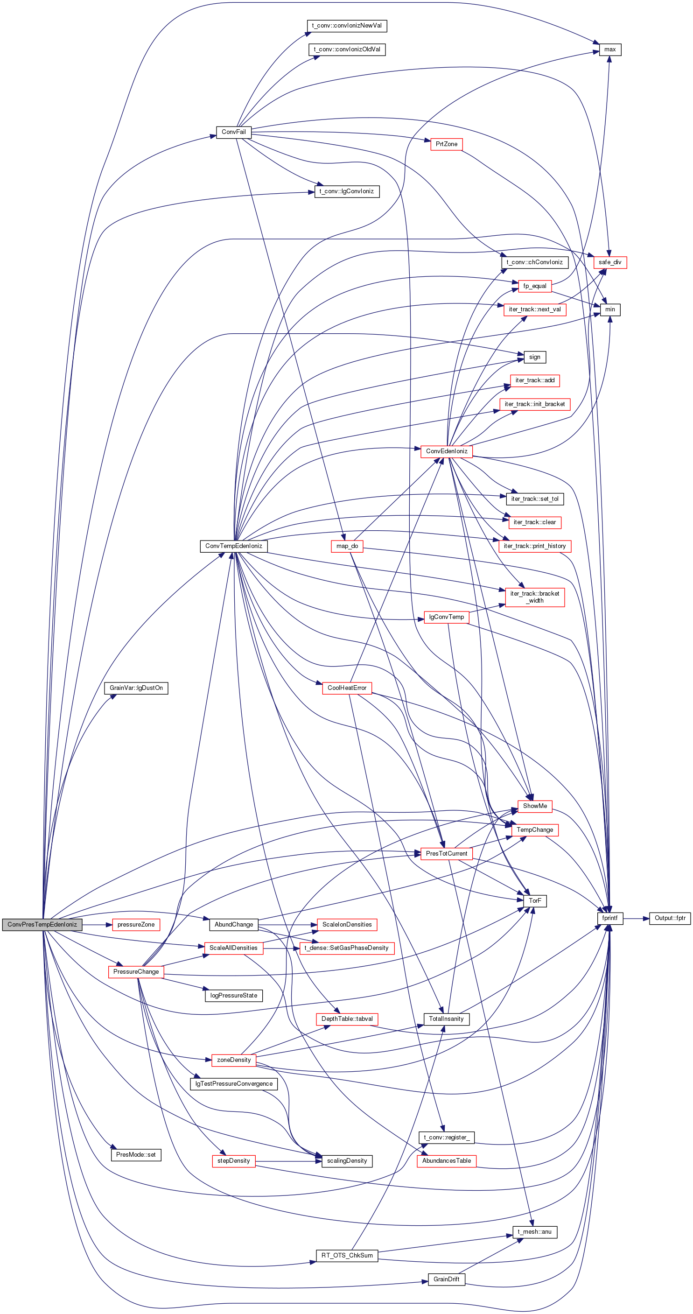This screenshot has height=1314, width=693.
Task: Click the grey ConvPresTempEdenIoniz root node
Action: (42, 924)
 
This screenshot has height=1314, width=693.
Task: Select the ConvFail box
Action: (233, 132)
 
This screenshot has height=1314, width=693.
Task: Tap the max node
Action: (610, 49)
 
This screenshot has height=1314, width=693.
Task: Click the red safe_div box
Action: (610, 262)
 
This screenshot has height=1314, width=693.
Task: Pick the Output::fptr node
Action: (670, 918)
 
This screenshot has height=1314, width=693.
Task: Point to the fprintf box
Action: (610, 918)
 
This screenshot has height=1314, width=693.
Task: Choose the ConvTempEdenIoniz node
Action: (233, 546)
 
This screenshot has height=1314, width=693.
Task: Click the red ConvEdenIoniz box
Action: (447, 451)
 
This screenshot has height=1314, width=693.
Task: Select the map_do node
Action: (347, 546)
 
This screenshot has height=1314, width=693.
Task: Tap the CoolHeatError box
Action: (347, 688)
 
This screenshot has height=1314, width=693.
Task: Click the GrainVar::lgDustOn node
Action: (136, 688)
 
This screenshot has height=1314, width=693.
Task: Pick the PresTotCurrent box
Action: (447, 853)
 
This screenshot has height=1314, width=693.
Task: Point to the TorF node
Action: (535, 901)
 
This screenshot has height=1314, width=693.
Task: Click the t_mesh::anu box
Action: (535, 1232)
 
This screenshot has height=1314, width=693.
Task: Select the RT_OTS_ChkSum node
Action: (347, 1255)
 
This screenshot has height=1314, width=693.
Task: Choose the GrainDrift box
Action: (447, 1279)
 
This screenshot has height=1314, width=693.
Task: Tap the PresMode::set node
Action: (136, 1155)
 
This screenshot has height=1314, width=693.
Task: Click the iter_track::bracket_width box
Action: (535, 597)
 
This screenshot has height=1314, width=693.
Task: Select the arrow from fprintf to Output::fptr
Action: (636, 918)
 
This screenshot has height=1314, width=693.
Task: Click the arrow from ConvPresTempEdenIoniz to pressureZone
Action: (97, 924)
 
